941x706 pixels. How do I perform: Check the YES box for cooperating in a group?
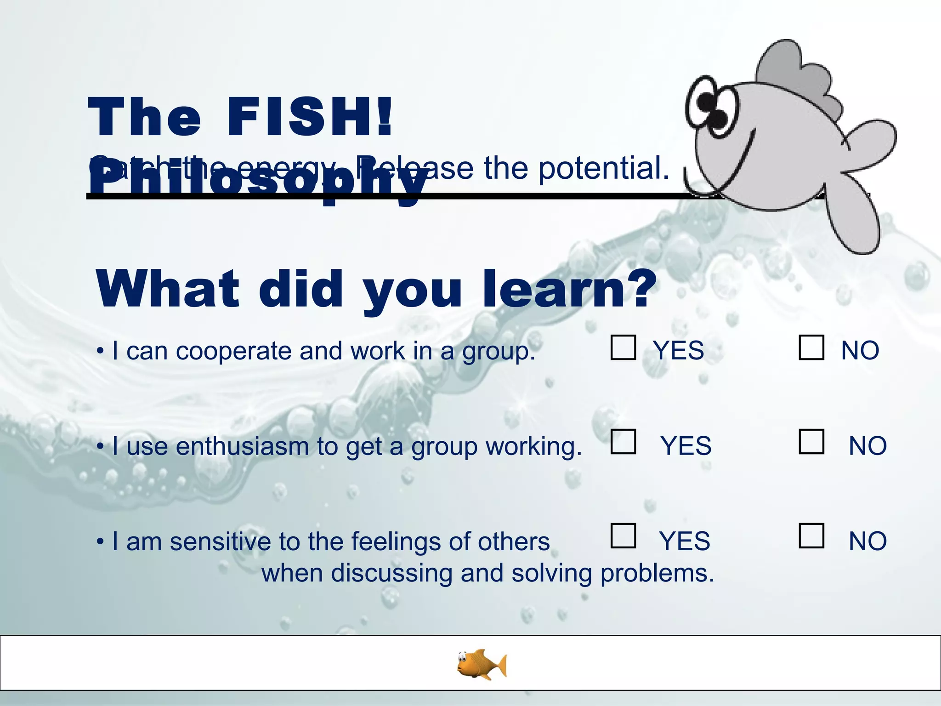623,347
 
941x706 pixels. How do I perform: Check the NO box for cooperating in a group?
811,347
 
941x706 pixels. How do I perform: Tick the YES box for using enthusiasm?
623,442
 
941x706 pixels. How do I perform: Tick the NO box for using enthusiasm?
811,442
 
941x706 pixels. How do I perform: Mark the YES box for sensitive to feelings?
623,536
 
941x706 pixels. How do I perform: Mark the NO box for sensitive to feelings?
811,536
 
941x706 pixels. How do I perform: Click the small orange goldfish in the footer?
482,664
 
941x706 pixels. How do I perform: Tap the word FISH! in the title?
310,117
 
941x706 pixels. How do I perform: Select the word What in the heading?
168,290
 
